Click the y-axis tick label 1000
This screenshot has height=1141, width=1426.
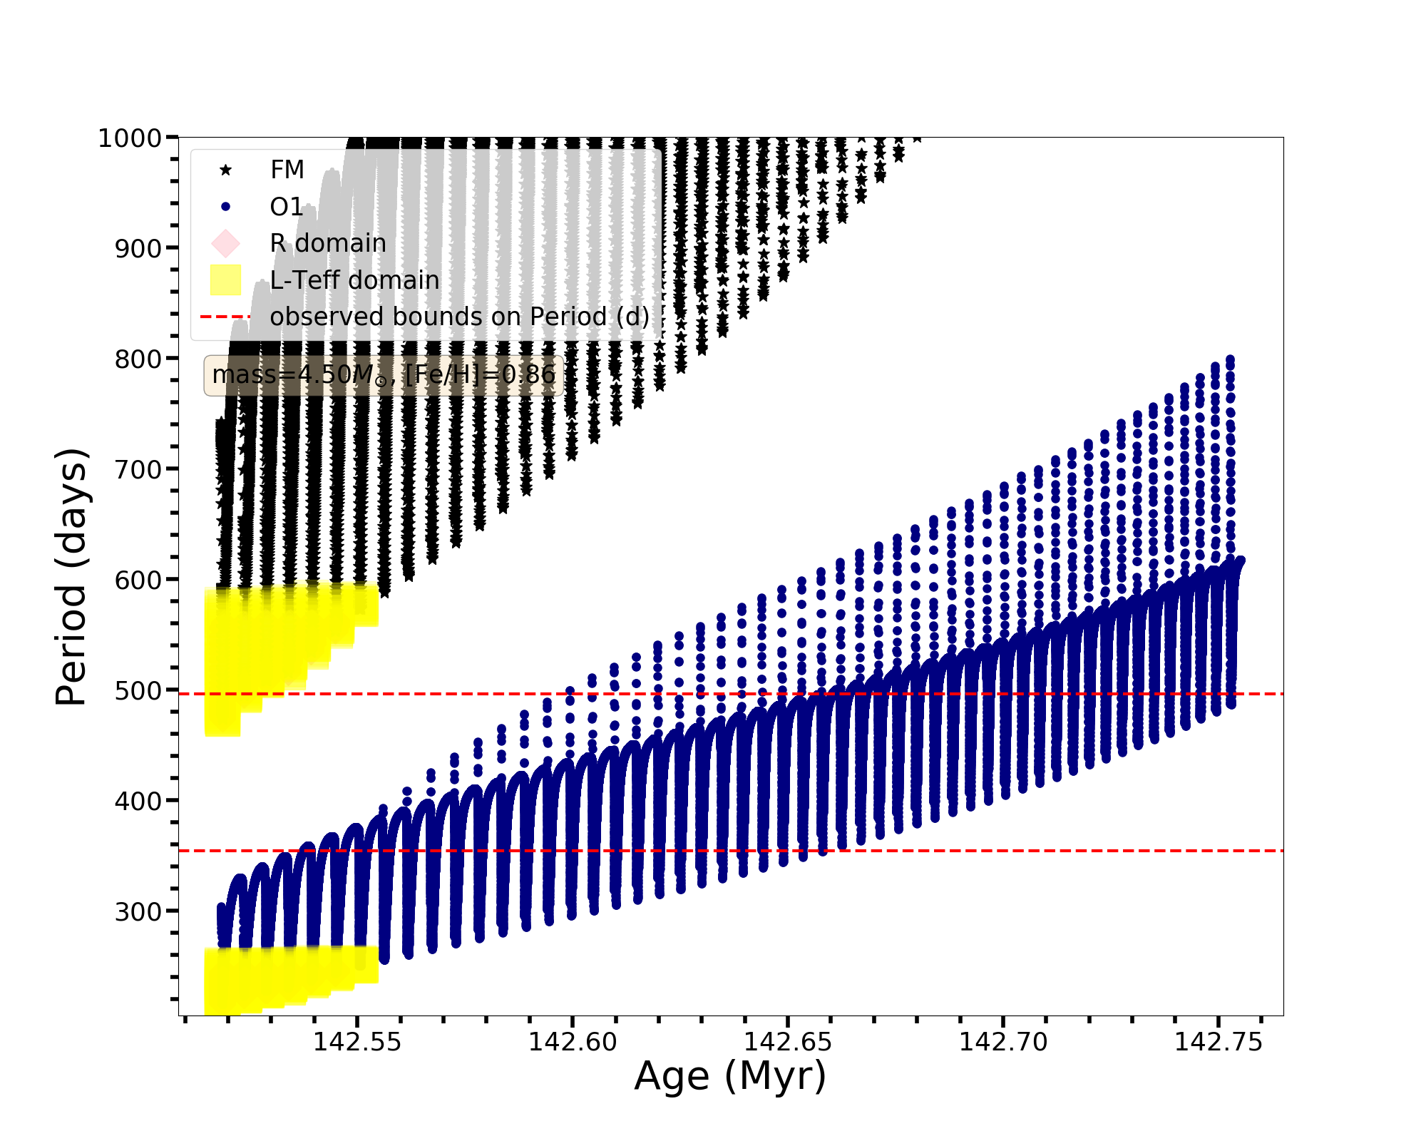129,138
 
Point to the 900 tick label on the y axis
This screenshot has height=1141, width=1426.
138,249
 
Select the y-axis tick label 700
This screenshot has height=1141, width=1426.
138,470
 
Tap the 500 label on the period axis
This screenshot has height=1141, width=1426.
138,691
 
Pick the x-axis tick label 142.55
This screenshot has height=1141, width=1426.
357,1043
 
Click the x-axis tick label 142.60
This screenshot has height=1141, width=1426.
573,1043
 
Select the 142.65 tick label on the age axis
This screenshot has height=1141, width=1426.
788,1043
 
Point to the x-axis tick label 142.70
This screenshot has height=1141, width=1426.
1003,1043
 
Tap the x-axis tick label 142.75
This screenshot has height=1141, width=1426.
1219,1043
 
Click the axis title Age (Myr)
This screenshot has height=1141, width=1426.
730,1077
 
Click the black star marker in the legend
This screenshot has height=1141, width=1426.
225,170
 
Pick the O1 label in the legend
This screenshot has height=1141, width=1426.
287,207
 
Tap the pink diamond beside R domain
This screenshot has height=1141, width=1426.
225,243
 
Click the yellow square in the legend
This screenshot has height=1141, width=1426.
225,280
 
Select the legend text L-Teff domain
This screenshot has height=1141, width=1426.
354,280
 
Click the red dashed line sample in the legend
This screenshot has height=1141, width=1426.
225,317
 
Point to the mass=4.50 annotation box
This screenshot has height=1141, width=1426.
384,375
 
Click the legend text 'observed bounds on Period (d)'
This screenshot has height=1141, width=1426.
459,317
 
